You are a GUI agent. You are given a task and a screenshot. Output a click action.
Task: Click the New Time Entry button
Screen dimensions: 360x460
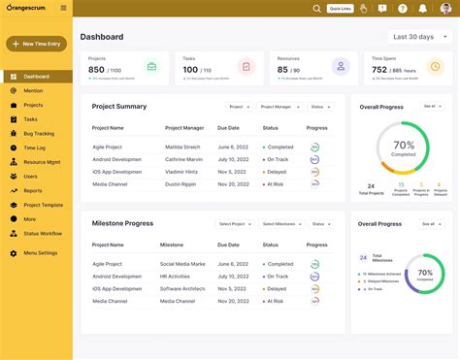coord(36,44)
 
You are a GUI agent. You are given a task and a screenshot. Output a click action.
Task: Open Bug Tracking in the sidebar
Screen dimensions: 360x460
coord(39,133)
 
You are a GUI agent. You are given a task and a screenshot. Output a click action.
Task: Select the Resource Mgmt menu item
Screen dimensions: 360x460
coord(43,162)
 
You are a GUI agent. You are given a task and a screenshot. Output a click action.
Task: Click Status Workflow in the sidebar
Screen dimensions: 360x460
coord(43,233)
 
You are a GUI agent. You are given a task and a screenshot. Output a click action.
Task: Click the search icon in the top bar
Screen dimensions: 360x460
coord(316,9)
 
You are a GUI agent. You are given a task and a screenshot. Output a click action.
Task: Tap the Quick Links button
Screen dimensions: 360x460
coord(340,9)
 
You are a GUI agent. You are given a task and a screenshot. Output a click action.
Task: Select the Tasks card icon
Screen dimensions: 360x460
coord(246,67)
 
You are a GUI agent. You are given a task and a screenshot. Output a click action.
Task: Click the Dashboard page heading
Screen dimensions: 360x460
coord(102,37)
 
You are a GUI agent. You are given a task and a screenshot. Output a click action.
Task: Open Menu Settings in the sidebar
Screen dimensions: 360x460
coord(39,252)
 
